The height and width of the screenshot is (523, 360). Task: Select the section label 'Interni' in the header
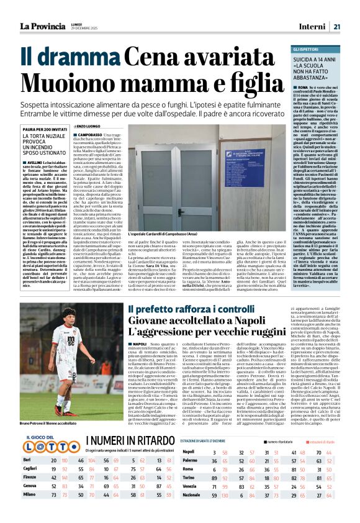click(313, 26)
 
